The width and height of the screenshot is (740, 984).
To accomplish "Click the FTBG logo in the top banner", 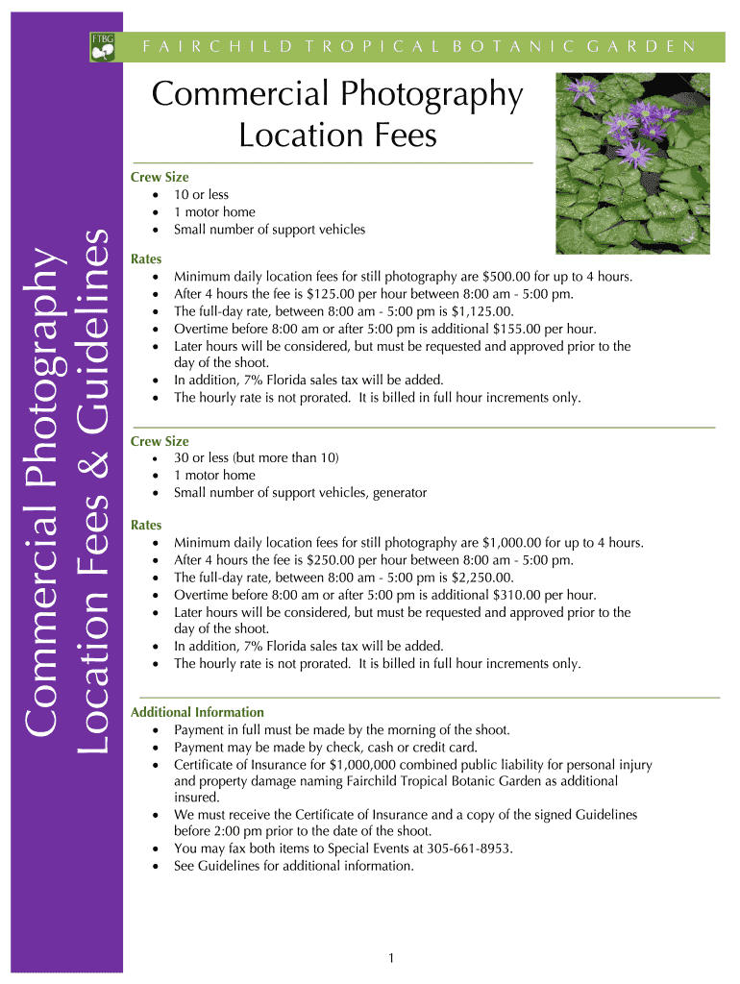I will click(103, 45).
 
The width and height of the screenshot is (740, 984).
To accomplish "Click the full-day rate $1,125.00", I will click(482, 311).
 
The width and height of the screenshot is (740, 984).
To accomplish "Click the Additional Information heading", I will click(197, 712).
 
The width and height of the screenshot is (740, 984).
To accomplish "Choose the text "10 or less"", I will click(201, 194).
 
